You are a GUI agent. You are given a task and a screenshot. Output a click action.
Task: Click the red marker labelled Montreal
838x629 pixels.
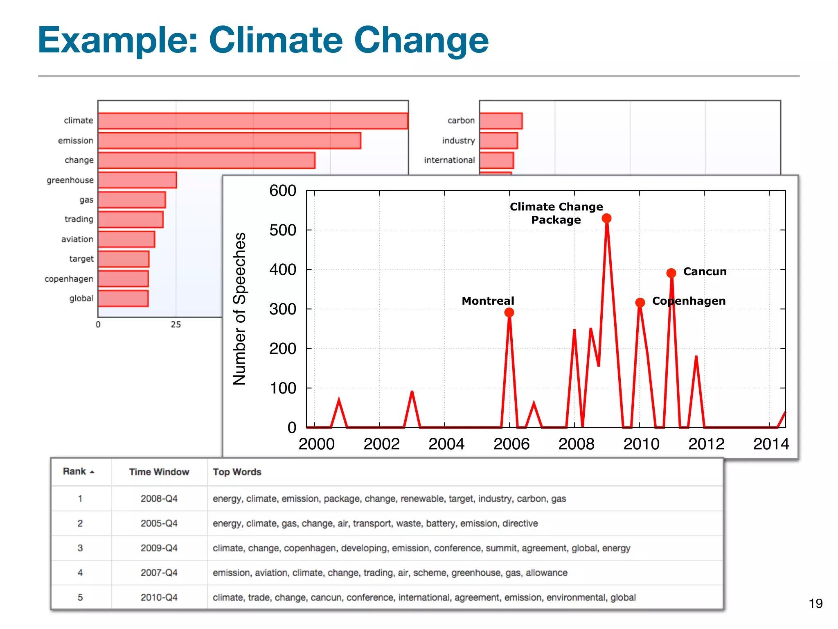[509, 312]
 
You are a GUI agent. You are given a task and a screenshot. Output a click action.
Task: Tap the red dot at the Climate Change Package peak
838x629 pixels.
[606, 218]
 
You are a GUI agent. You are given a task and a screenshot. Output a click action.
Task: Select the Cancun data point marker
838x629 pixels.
[671, 273]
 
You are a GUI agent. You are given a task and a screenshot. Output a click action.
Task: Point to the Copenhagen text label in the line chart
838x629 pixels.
[689, 301]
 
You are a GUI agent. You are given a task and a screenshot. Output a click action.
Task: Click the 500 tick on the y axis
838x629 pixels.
[282, 230]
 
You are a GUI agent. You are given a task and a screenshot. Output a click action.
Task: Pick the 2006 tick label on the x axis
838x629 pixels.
[511, 444]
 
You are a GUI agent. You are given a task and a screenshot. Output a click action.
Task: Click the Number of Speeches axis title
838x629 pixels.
[240, 309]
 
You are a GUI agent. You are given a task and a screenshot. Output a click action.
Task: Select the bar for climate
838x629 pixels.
[253, 121]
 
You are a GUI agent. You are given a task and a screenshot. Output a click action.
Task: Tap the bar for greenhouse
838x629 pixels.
[137, 180]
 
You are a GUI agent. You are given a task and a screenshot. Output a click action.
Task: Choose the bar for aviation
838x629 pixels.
[126, 239]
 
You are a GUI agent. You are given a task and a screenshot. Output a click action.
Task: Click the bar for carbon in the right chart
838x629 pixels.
[501, 121]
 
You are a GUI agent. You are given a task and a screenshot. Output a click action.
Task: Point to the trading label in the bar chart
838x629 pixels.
[79, 219]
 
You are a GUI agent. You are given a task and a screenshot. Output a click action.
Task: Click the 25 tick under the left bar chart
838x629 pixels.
[176, 325]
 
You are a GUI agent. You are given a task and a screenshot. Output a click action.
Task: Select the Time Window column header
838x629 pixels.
[159, 472]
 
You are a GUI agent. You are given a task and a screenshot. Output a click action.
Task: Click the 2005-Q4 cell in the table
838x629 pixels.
[159, 523]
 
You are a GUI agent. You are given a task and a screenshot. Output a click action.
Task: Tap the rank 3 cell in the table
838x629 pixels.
[80, 548]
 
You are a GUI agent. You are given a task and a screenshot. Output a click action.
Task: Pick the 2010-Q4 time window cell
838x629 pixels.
[159, 597]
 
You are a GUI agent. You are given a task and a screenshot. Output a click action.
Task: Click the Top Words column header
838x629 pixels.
[237, 472]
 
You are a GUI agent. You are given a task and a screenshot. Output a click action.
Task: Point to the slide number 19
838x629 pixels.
[815, 604]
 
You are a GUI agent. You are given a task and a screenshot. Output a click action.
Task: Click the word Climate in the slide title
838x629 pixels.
[275, 40]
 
